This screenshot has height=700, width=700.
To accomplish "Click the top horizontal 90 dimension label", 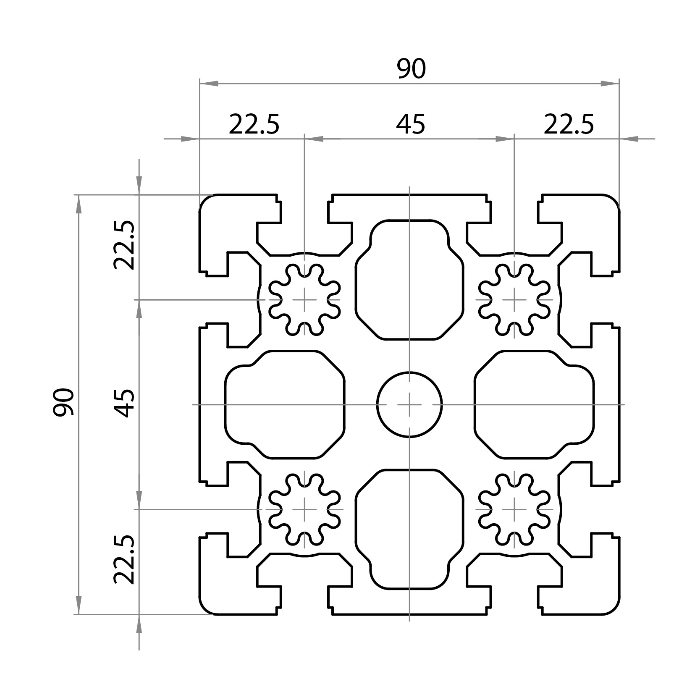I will click(x=411, y=69).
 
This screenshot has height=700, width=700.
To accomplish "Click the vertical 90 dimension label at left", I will click(x=64, y=402).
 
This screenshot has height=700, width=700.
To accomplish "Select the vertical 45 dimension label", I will click(x=125, y=403).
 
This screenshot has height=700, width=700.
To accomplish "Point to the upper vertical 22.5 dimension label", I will click(x=124, y=245).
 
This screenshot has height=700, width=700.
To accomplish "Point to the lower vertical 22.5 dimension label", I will click(x=124, y=560).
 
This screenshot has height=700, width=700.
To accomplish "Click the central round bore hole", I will click(x=409, y=404).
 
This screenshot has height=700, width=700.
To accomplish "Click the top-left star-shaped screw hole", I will click(x=304, y=299).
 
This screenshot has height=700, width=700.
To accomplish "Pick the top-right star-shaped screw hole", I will click(x=514, y=299).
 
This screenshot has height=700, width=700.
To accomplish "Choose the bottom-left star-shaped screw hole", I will click(x=304, y=509).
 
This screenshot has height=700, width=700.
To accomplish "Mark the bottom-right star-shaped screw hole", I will click(x=514, y=509).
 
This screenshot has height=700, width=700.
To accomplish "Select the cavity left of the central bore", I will click(x=285, y=404).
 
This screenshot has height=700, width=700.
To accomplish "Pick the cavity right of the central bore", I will click(x=534, y=404).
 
